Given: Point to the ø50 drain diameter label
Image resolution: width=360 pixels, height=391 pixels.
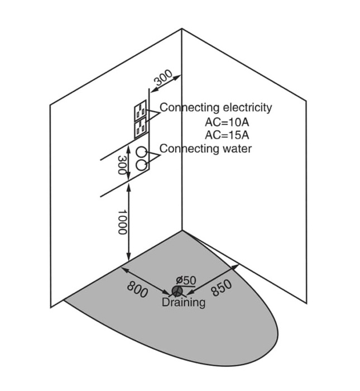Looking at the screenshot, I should tap(185, 279).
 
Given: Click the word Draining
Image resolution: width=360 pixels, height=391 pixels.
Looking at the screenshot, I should tap(183, 303).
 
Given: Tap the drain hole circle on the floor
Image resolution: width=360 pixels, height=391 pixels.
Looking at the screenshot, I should tap(177, 291).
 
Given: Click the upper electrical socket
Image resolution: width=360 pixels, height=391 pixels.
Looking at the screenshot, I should tap(140, 111).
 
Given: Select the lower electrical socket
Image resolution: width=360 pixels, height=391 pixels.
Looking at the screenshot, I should tap(140, 128).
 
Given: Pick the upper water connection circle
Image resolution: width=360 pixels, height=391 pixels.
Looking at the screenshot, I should tap(143, 152).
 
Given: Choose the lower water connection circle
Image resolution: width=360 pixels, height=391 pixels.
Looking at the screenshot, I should tap(143, 164).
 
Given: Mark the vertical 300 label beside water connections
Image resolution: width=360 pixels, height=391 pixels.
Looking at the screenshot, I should tap(122, 165).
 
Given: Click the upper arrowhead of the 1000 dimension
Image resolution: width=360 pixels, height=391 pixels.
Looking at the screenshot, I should tap(129, 188).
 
